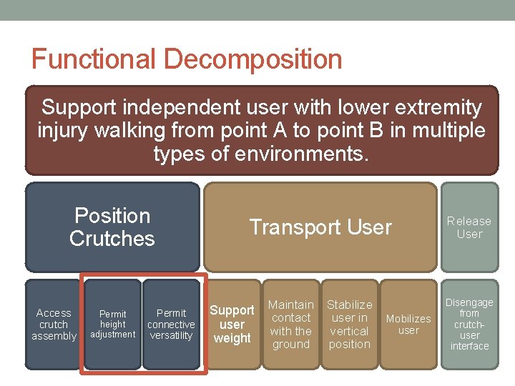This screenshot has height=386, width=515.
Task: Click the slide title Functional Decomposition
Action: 187,59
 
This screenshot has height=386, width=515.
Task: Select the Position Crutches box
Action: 112,227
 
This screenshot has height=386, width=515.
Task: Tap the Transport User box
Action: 320,227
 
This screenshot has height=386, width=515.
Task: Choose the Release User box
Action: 469,227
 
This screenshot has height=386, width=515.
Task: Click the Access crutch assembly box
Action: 54,324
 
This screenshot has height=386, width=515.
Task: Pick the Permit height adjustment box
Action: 112,324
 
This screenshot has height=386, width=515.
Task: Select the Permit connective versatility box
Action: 171,324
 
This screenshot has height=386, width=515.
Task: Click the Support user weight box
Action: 232,324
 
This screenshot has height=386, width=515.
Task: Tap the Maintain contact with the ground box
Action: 290,324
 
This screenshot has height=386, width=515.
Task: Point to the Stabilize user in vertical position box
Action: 349,324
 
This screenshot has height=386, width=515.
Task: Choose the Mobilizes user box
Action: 408,324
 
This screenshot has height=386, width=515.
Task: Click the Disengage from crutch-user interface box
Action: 469,324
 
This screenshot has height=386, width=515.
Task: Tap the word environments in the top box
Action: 293,154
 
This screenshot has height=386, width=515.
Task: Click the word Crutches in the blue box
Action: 112,238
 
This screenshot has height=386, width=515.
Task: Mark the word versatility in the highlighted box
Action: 171,335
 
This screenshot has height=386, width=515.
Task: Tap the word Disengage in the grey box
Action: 469,302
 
